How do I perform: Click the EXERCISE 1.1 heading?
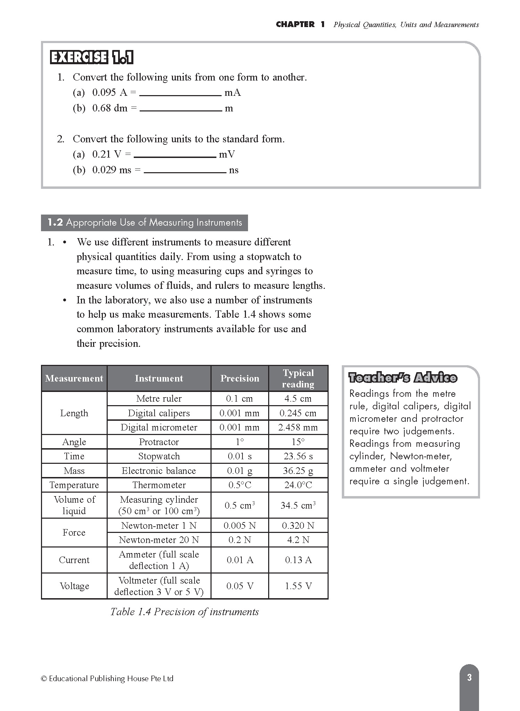pos(92,58)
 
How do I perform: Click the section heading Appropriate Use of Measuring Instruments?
pos(145,223)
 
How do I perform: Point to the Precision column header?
pos(240,378)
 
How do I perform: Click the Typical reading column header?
pos(298,378)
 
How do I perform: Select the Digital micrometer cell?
pos(159,427)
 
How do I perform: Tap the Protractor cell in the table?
pos(159,442)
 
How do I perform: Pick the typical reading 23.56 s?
pos(298,456)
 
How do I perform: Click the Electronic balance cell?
pos(159,471)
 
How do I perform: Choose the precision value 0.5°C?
pos(240,485)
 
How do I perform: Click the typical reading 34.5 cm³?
pos(298,505)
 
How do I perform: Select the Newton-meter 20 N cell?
pos(159,540)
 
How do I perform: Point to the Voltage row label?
pos(74,586)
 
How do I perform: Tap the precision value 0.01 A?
pos(240,560)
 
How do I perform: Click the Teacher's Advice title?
pos(403,378)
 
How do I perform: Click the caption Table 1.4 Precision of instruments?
pos(184,612)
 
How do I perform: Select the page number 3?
pos(469,677)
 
